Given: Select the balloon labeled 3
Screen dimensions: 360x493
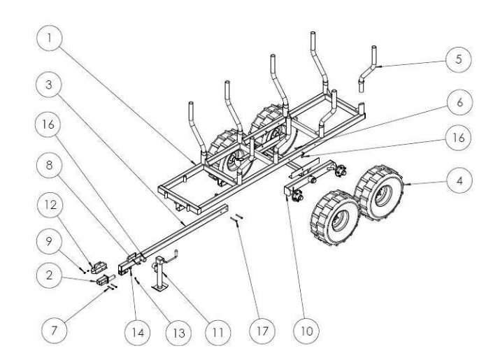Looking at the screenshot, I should point(48,85).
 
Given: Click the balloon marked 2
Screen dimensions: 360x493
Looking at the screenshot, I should point(48,278).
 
